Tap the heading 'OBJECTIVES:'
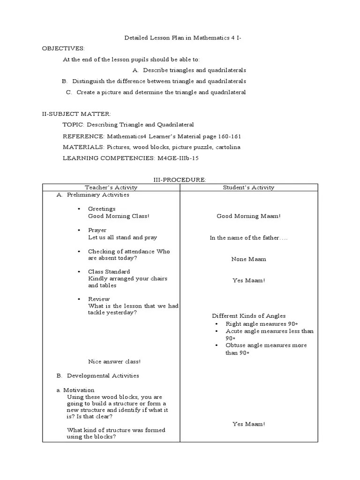[x=63, y=48]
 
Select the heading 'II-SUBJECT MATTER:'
[x=76, y=114]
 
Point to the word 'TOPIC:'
[x=73, y=125]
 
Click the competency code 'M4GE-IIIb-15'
[x=177, y=158]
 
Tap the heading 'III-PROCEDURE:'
[x=180, y=180]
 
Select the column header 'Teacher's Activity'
[x=111, y=187]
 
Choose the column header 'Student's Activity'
[x=248, y=187]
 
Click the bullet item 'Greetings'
[x=102, y=209]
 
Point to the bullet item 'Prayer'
[x=97, y=230]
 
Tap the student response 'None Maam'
[x=248, y=259]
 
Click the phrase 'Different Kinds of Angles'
[x=248, y=316]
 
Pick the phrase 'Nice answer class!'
[x=114, y=361]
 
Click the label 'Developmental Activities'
[x=103, y=375]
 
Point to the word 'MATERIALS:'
[x=83, y=147]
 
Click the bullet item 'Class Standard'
[x=109, y=272]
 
